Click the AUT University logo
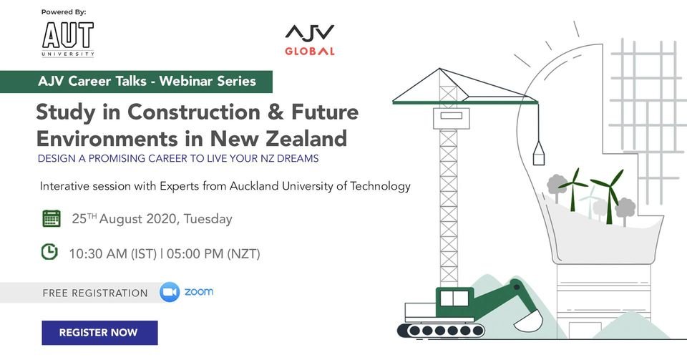tap(68, 39)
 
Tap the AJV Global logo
tap(310, 40)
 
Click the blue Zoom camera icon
tap(170, 292)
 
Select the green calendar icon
tap(52, 218)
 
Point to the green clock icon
tap(49, 252)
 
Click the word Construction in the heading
tap(194, 112)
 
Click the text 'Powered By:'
tap(64, 12)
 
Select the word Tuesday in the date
tap(208, 218)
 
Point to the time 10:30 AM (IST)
tap(112, 253)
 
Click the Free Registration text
tap(95, 293)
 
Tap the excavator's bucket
tap(529, 321)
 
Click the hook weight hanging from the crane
tap(538, 153)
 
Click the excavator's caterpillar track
tap(442, 330)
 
